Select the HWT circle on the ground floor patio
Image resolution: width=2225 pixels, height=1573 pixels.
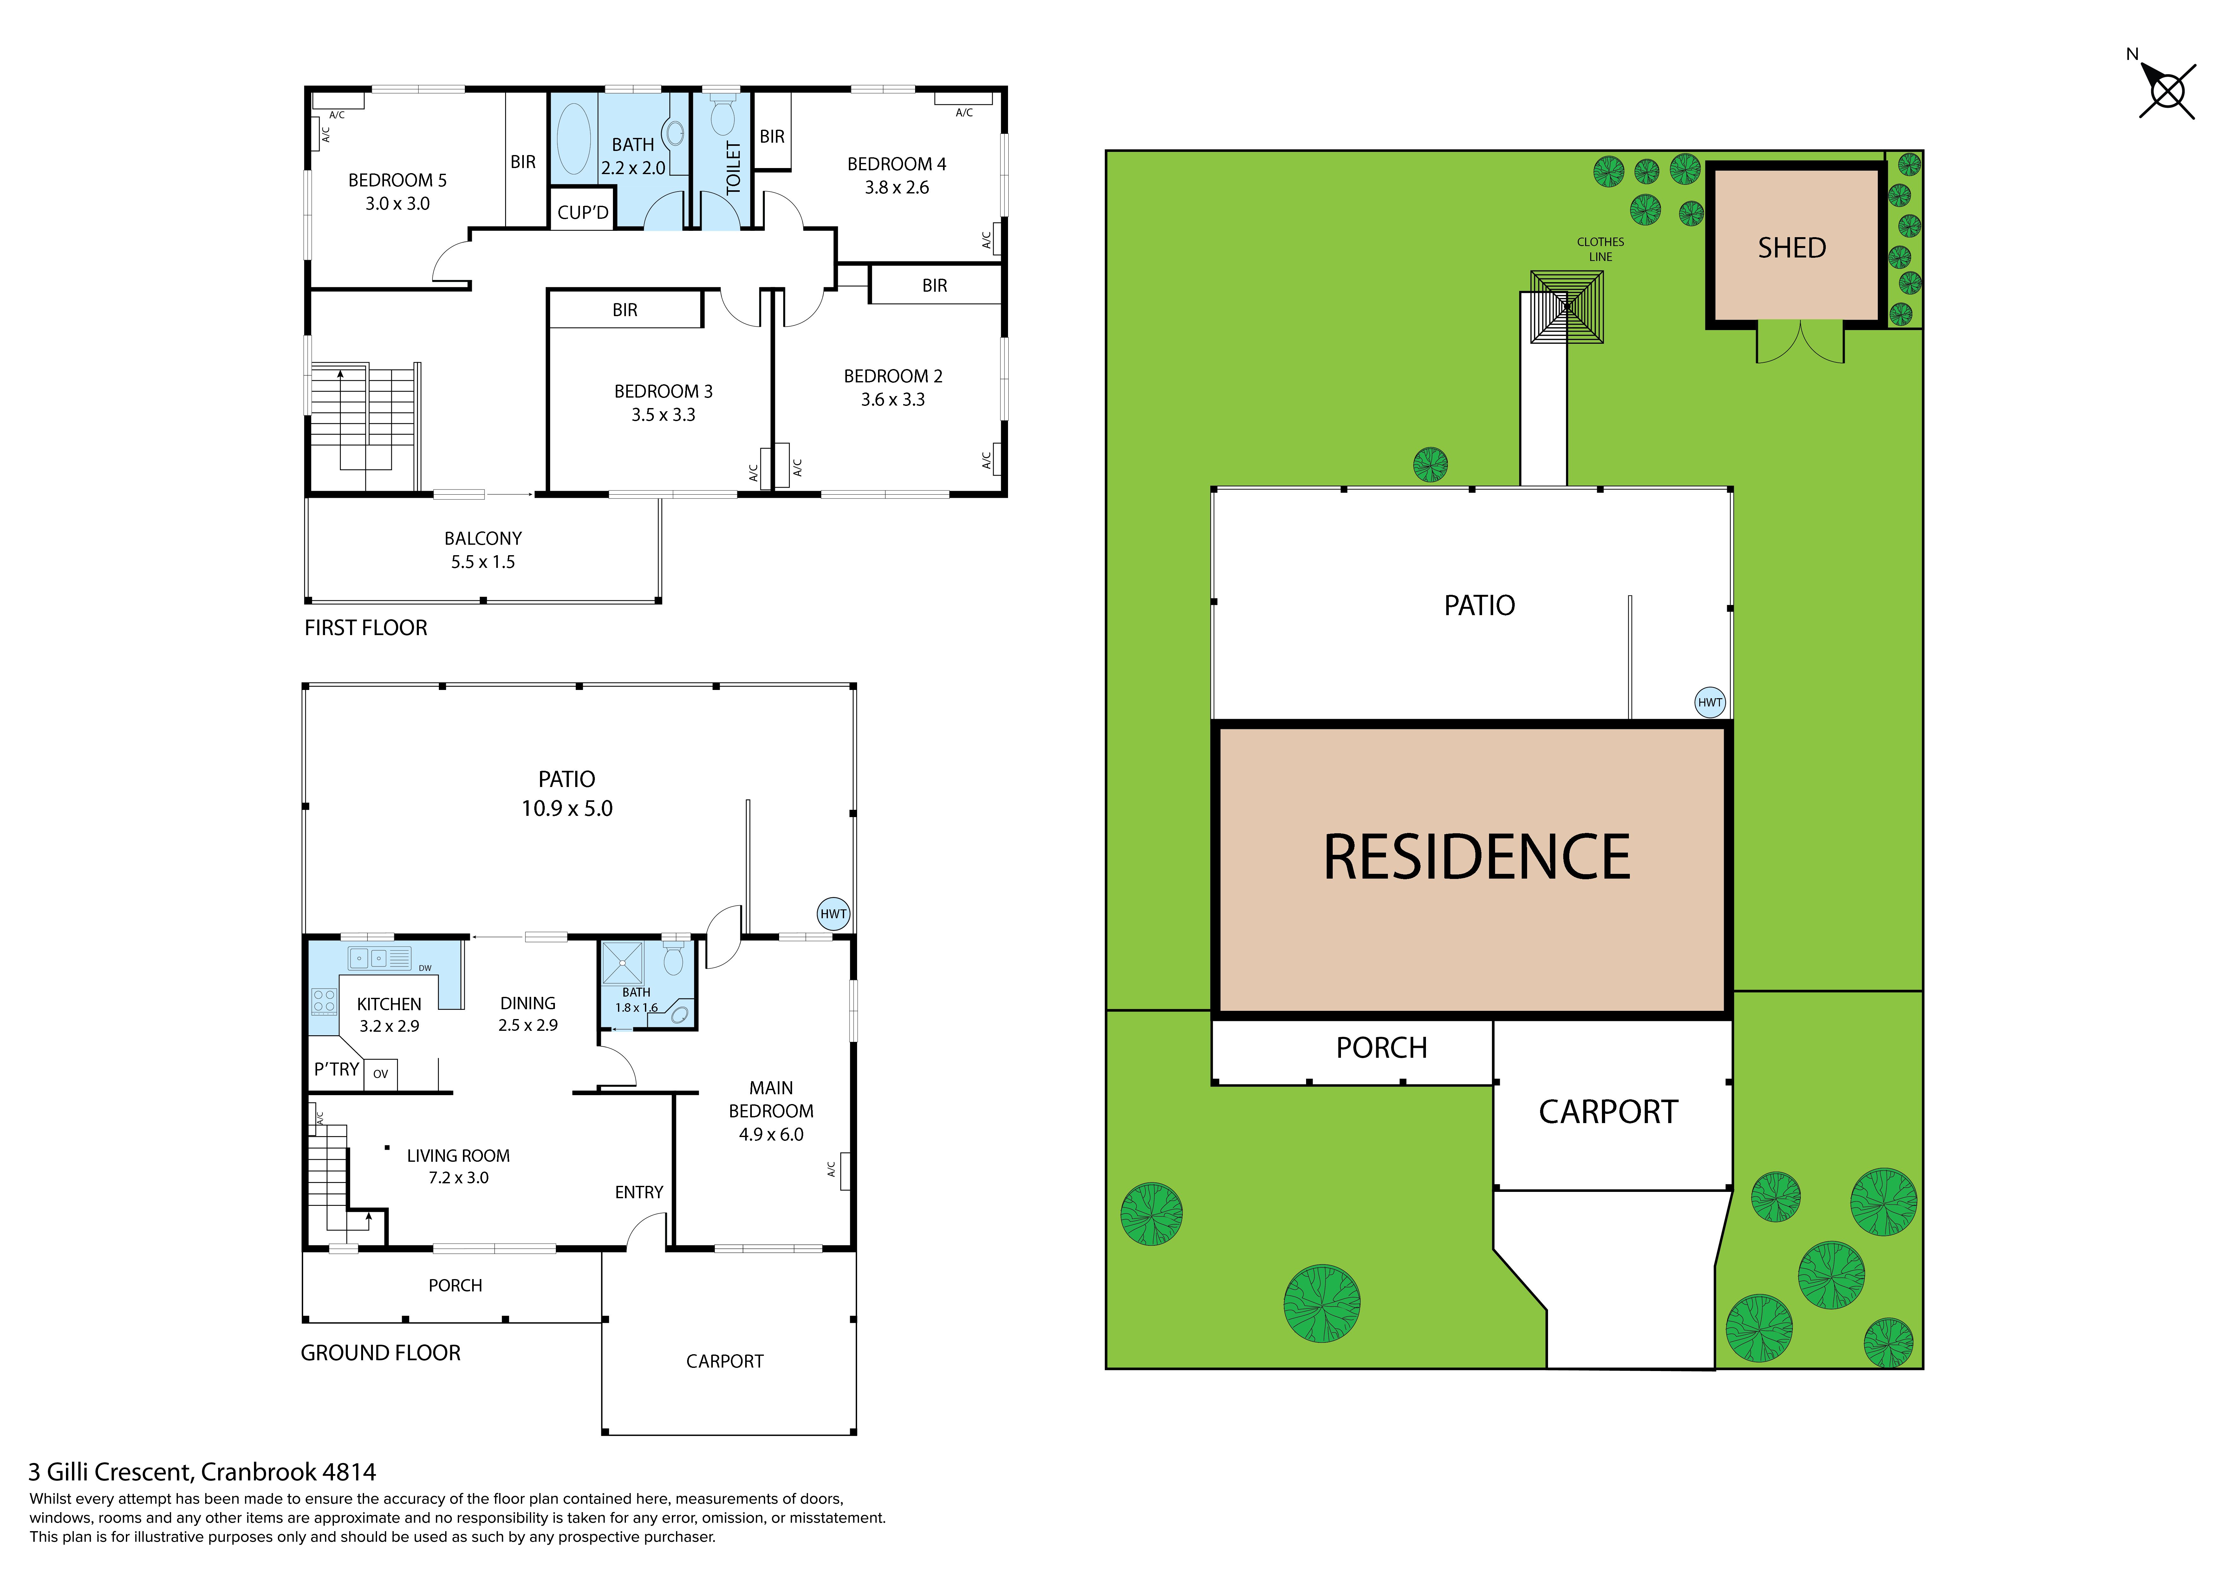(833, 914)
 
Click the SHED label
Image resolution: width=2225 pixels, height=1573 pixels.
(1792, 248)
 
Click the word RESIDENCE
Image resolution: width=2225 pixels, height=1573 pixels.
(1477, 858)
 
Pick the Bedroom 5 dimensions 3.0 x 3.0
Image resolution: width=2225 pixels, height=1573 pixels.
(397, 204)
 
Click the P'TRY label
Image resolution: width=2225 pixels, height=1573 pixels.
(336, 1069)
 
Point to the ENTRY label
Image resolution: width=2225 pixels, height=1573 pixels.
(640, 1192)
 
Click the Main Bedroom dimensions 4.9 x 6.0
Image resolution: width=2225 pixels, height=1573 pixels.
(771, 1135)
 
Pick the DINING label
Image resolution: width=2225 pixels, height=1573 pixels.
(528, 1003)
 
